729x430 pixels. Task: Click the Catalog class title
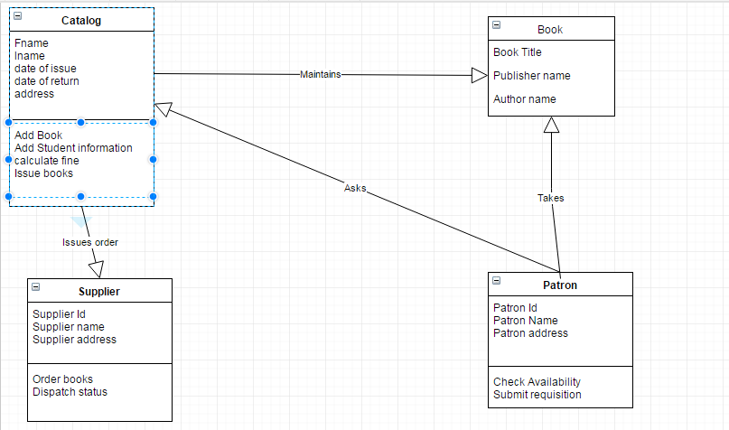point(81,20)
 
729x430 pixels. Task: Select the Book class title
point(550,30)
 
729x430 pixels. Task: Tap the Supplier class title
point(99,291)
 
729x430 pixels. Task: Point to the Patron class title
point(560,285)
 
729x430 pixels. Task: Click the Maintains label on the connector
point(320,74)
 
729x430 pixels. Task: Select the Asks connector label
point(355,188)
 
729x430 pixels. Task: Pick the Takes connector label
point(550,198)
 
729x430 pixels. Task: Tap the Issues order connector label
point(90,242)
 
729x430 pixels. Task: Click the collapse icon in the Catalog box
point(18,16)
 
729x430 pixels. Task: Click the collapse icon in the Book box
point(497,26)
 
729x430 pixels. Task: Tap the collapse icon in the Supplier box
point(36,287)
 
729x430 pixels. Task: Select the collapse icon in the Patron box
point(497,281)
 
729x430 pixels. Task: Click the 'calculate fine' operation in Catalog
point(46,161)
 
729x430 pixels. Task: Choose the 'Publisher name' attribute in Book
point(531,76)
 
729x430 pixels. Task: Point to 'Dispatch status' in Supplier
point(70,392)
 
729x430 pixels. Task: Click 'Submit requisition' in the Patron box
point(537,395)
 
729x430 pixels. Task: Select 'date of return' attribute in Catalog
point(46,81)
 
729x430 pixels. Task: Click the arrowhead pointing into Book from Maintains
point(479,76)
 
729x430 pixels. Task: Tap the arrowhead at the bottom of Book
point(551,126)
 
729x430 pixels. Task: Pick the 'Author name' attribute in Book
point(524,99)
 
